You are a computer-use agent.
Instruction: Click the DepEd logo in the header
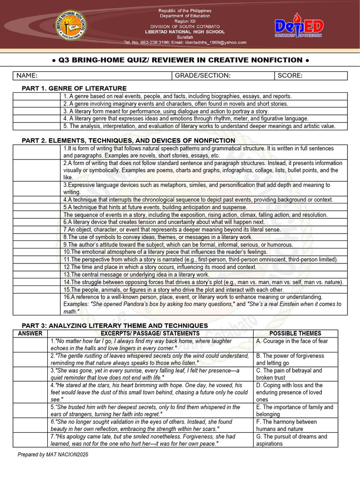[x=298, y=28]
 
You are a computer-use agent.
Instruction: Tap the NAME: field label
[x=27, y=76]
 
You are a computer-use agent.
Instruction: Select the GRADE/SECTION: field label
[x=202, y=76]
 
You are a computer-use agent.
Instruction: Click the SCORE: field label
[x=290, y=76]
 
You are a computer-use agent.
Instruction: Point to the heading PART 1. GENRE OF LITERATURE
[x=74, y=88]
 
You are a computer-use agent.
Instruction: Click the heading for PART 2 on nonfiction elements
[x=128, y=141]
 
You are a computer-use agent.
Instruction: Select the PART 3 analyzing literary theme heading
[x=115, y=325]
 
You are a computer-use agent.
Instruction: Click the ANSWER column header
[x=30, y=333]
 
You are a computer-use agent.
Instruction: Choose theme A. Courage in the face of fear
[x=292, y=341]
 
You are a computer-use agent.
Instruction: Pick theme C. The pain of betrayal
[x=289, y=374]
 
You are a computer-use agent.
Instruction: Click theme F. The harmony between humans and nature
[x=286, y=425]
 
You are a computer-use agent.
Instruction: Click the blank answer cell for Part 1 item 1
[x=37, y=96]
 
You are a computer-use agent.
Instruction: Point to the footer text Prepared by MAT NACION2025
[x=52, y=455]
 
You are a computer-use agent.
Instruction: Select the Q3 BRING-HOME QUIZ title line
[x=180, y=60]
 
